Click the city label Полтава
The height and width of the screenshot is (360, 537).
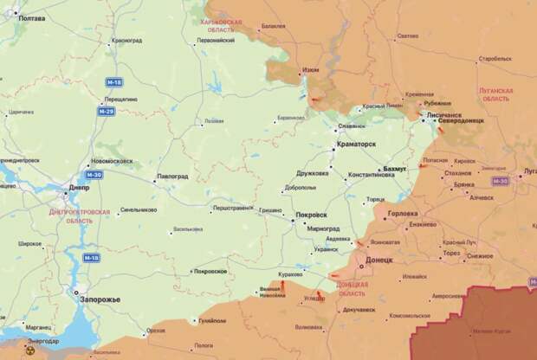pyautogui.click(x=32, y=17)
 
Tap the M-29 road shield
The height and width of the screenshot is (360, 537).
pyautogui.click(x=106, y=112)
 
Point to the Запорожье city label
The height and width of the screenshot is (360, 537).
pyautogui.click(x=100, y=299)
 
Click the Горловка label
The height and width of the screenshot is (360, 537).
pyautogui.click(x=403, y=213)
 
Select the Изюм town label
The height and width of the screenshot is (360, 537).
pyautogui.click(x=309, y=70)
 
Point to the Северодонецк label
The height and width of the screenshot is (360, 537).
pyautogui.click(x=462, y=120)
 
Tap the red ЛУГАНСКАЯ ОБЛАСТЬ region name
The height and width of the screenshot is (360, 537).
pyautogui.click(x=495, y=94)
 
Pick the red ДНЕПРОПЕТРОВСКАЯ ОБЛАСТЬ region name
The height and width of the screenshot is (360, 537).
pyautogui.click(x=61, y=215)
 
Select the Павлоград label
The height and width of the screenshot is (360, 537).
pyautogui.click(x=172, y=177)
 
